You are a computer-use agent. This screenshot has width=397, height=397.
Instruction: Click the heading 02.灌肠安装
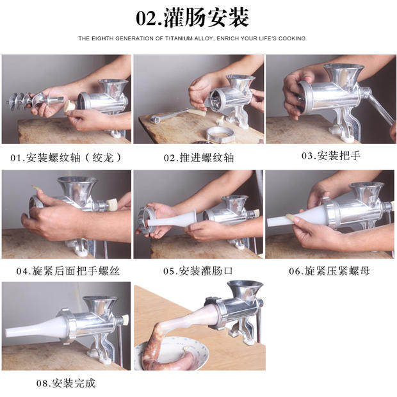[193, 17]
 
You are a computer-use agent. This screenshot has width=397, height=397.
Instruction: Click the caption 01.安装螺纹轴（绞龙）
[67, 158]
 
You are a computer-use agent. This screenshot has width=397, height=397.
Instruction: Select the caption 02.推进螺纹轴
[199, 158]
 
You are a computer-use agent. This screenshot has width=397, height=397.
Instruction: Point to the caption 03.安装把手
[330, 156]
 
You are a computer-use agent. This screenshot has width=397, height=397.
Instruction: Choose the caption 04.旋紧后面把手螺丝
[68, 271]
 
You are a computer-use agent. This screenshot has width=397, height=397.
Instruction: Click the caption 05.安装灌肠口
[198, 271]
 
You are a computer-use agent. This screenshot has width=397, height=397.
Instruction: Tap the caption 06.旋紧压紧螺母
[329, 271]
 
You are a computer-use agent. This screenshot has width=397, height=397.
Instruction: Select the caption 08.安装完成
[66, 383]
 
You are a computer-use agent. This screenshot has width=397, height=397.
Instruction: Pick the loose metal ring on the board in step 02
[220, 134]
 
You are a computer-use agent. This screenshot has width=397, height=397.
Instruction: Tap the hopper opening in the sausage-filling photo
[245, 284]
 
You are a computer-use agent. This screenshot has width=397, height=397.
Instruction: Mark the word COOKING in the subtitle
[293, 38]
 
